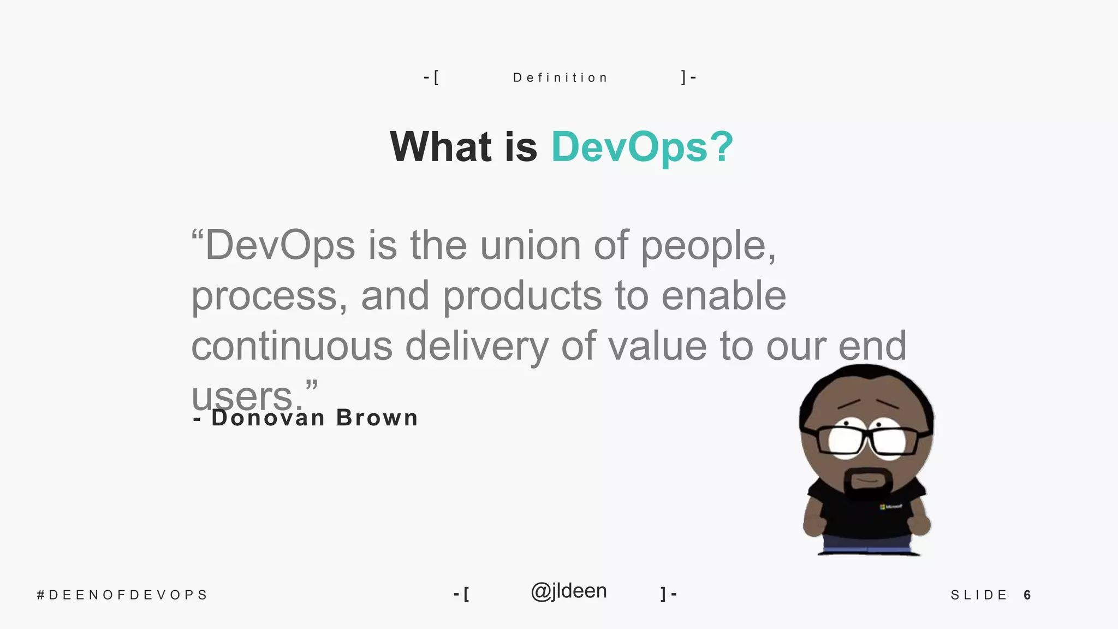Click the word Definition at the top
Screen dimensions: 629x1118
[560, 78]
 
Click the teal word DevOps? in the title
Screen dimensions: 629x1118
[642, 147]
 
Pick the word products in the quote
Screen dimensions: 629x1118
[522, 296]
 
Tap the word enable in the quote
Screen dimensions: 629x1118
[724, 296]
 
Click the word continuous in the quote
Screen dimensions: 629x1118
[292, 346]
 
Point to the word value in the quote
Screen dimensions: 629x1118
[657, 346]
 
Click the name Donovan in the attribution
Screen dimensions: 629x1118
[268, 418]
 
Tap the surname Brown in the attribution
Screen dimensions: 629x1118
[377, 418]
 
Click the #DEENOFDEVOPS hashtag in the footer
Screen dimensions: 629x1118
[122, 595]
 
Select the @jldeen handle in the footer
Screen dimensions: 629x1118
[568, 591]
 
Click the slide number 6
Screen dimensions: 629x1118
[1027, 595]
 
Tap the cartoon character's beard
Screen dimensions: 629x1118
[869, 483]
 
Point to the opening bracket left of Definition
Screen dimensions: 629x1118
[436, 78]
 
